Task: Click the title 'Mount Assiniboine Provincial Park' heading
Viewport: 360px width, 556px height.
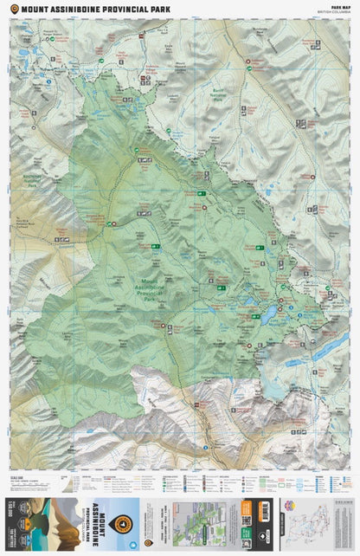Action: [95, 10]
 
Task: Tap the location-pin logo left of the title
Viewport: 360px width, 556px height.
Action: [13, 10]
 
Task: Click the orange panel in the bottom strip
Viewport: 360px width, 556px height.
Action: [245, 522]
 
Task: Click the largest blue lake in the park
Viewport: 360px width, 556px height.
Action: [270, 309]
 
